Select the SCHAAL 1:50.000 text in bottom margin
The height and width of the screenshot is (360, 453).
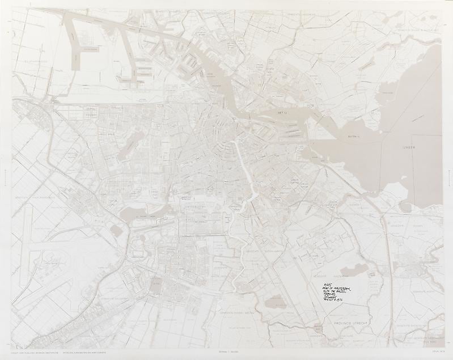226,353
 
